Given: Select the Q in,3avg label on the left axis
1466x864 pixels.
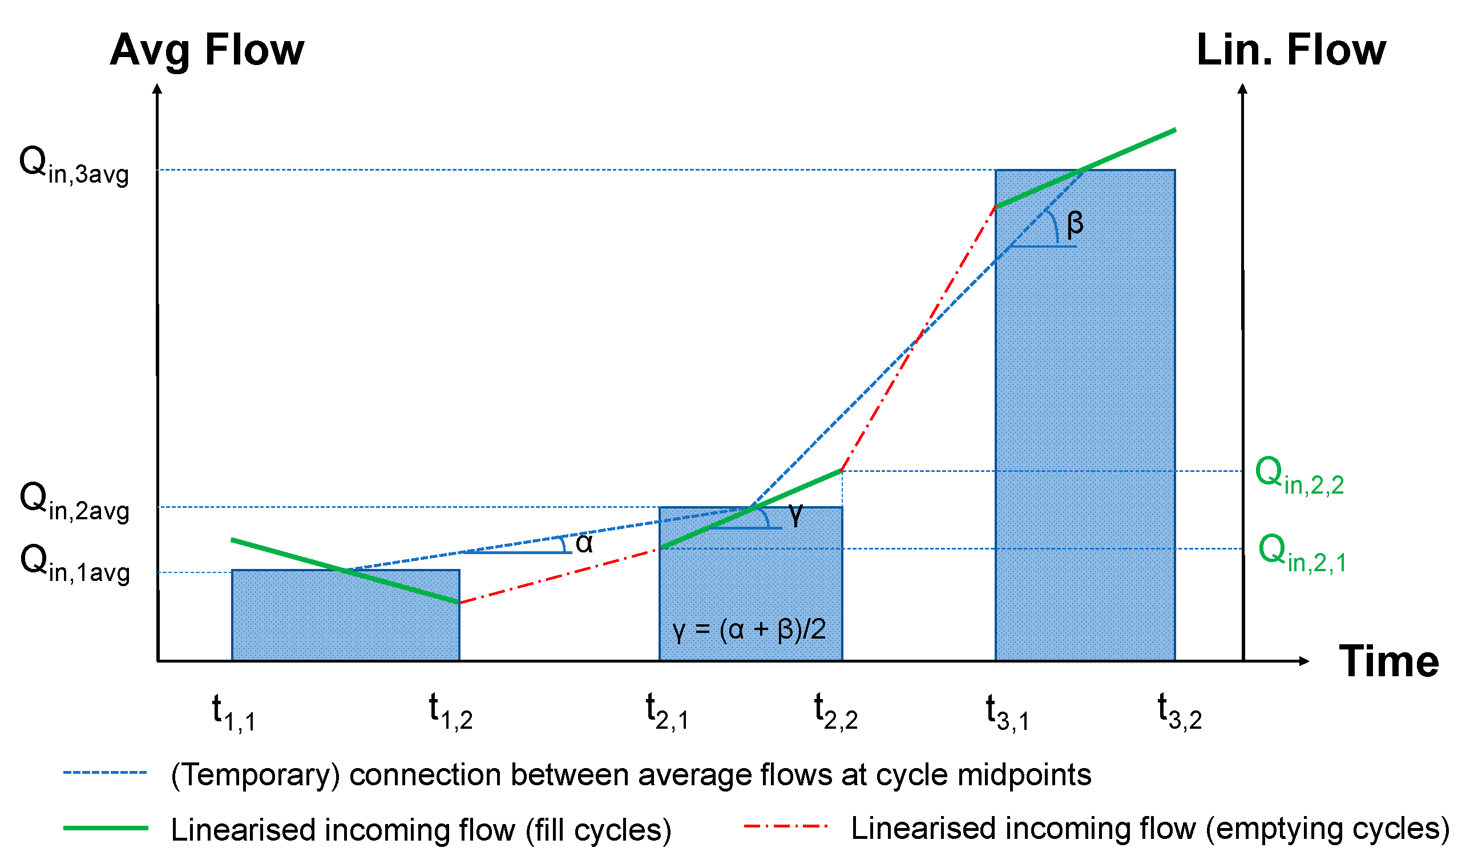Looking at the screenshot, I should click(74, 165).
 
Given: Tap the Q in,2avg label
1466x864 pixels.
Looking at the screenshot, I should click(74, 502).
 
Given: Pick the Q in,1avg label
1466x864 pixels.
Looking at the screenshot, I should click(75, 564).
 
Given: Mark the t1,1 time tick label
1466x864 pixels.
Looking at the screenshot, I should click(233, 713).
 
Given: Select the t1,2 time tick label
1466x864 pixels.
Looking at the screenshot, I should click(450, 712).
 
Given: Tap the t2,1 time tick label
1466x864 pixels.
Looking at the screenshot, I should click(667, 712).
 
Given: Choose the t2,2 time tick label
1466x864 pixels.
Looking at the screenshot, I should click(835, 712).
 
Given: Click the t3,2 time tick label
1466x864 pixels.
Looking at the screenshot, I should click(1179, 712).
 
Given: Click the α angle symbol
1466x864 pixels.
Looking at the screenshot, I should click(584, 544).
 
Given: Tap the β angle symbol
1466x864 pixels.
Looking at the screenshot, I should click(1075, 224).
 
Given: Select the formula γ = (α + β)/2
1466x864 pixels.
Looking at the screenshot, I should click(749, 631).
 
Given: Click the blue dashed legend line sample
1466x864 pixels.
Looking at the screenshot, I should click(106, 773).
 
